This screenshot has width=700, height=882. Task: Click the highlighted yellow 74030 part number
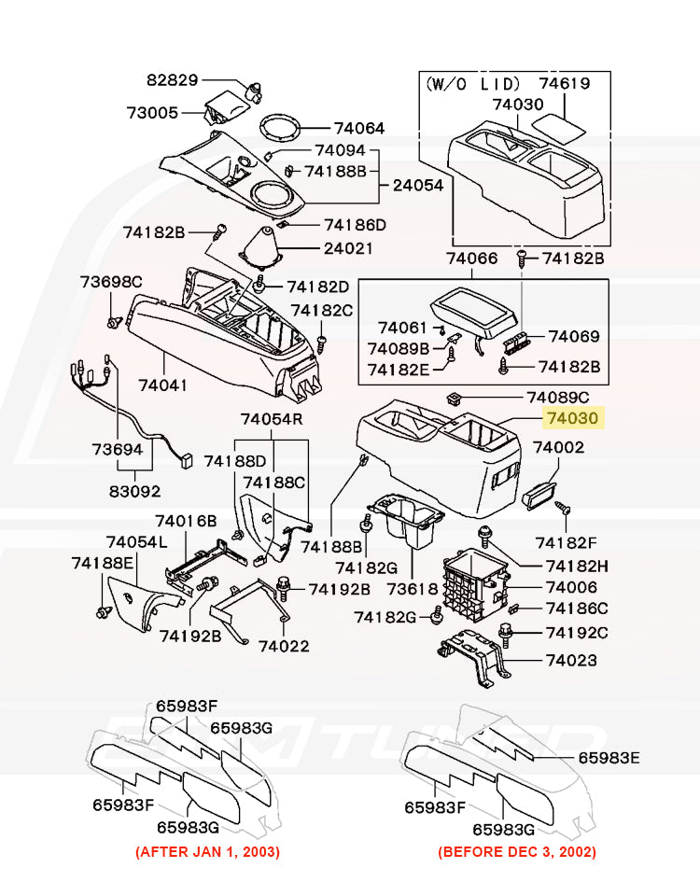[574, 420]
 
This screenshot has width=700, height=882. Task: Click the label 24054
[417, 186]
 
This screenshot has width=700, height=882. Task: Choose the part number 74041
[162, 385]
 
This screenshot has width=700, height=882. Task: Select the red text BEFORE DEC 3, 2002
[516, 851]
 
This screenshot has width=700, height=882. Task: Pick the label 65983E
[609, 758]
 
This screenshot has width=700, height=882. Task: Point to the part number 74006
[571, 587]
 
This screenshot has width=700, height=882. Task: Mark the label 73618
[413, 590]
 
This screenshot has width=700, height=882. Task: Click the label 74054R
[273, 419]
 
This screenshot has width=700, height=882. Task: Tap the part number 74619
[565, 83]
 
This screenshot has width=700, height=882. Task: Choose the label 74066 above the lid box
[473, 258]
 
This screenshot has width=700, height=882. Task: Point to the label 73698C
[110, 281]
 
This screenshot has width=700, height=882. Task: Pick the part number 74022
[284, 646]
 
